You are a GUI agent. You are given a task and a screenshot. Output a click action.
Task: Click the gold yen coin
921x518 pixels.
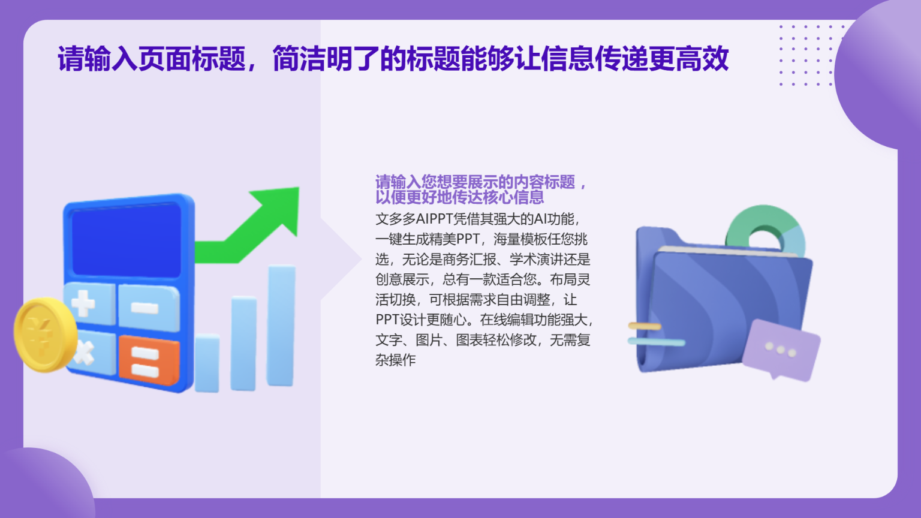point(44,335)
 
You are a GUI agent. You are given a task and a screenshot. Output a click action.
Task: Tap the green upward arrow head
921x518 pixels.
point(279,207)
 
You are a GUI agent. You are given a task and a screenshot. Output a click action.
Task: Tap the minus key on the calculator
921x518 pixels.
point(147,308)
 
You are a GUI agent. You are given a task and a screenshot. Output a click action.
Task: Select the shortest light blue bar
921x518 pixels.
point(207,363)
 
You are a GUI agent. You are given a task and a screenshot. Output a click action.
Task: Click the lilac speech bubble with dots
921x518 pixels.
point(781,350)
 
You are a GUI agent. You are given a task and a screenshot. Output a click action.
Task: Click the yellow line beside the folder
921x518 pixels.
point(645,326)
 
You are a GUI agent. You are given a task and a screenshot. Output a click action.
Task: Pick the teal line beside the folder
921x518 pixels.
point(656,342)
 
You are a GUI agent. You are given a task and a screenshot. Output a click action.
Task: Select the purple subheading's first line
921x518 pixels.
point(480,182)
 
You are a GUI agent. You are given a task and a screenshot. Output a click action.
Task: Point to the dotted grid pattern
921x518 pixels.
point(807,55)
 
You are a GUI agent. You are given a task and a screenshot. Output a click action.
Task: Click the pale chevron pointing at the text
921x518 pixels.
point(342,259)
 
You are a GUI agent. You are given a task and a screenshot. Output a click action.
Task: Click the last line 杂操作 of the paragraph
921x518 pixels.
point(396,360)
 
